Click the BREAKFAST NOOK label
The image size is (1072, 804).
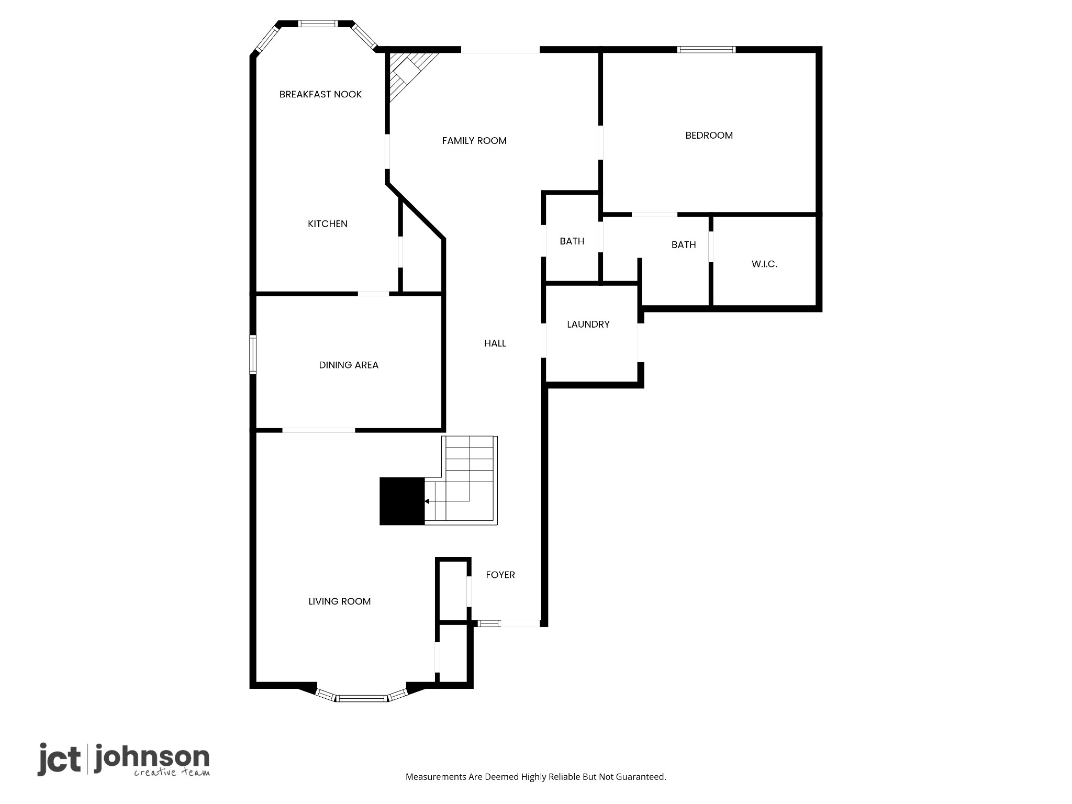click(x=320, y=94)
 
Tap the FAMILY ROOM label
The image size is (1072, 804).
click(x=474, y=140)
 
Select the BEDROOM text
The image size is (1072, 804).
click(x=709, y=135)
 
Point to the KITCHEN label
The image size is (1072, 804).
click(x=327, y=224)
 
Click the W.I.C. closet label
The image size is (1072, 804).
click(x=764, y=264)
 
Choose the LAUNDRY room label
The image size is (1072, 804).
click(x=588, y=324)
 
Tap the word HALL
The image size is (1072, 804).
click(x=495, y=343)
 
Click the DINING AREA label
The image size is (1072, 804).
click(x=349, y=365)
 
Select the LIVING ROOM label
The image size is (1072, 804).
click(x=339, y=601)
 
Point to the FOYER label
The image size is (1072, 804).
click(x=500, y=575)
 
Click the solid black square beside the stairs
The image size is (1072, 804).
click(x=402, y=501)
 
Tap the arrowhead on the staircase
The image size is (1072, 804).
click(x=427, y=501)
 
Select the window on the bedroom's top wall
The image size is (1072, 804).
click(x=706, y=50)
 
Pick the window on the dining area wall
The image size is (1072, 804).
click(x=253, y=354)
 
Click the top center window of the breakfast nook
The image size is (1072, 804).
click(x=318, y=23)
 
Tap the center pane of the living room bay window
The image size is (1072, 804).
click(x=361, y=698)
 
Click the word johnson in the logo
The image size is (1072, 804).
click(x=152, y=758)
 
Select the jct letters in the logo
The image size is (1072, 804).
click(x=59, y=759)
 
